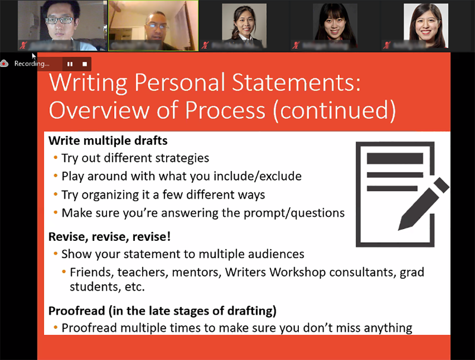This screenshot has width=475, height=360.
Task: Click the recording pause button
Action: (70, 64)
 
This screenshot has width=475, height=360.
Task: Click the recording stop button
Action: (85, 64)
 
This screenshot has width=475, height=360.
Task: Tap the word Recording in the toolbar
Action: (31, 64)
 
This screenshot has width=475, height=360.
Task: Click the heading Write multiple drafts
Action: (108, 141)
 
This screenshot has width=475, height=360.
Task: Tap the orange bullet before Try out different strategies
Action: (56, 158)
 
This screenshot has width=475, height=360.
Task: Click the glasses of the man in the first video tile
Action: (60, 20)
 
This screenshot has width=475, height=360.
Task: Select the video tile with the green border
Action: (153, 26)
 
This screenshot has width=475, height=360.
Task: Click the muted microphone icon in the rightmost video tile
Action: (387, 46)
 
